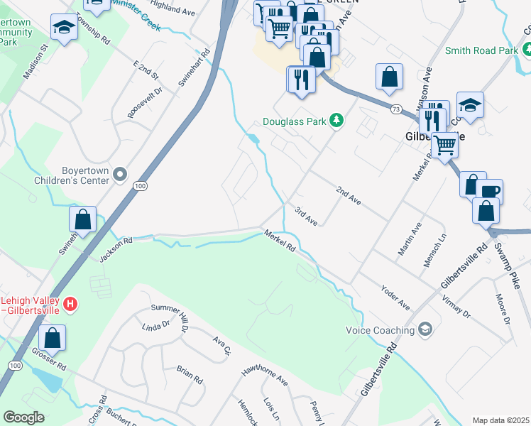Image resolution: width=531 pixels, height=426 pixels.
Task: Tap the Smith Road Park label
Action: [x=481, y=50]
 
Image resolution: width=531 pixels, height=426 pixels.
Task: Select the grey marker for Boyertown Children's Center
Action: [x=120, y=174]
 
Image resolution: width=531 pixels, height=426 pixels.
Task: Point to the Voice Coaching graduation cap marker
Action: [x=425, y=329]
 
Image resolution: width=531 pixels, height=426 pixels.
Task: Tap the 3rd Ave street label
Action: [x=306, y=217]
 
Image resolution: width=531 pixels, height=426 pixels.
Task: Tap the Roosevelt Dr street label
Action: [x=145, y=102]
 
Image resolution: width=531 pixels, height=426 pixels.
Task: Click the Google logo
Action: [x=23, y=417]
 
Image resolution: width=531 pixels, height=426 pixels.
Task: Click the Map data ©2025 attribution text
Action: [x=500, y=420]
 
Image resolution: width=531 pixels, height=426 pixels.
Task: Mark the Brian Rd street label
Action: [x=189, y=376]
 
